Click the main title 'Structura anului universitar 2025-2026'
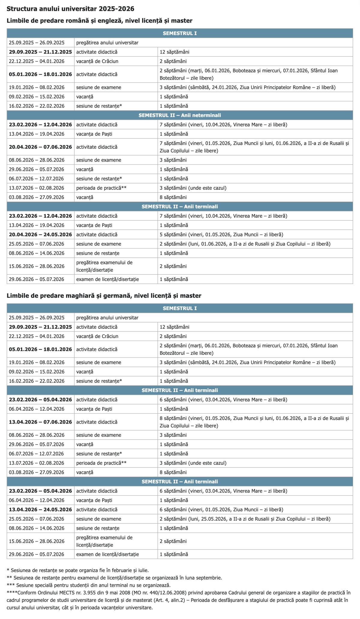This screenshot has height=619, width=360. coord(70,9)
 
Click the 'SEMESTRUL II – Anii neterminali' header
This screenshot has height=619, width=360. coord(180,115)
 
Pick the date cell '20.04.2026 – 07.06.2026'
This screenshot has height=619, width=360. coord(40,147)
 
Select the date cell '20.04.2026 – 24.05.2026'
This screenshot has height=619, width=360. coord(40,234)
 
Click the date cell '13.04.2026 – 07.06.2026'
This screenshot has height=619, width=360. coord(40,422)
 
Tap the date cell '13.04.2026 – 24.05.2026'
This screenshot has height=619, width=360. coord(40,509)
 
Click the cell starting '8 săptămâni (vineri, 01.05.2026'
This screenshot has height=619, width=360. coord(254,422)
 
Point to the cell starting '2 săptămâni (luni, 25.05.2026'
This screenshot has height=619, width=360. coord(245,519)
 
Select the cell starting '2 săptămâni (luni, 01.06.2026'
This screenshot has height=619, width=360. coord(245,244)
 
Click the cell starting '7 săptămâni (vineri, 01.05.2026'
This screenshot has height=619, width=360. coord(254,147)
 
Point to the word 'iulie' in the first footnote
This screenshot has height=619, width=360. coord(142,570)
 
